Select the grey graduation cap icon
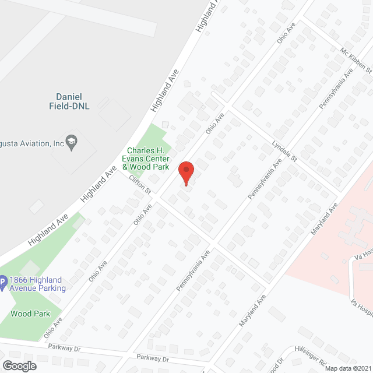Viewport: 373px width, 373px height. click(x=72, y=142)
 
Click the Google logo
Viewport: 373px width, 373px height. click(x=19, y=365)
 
